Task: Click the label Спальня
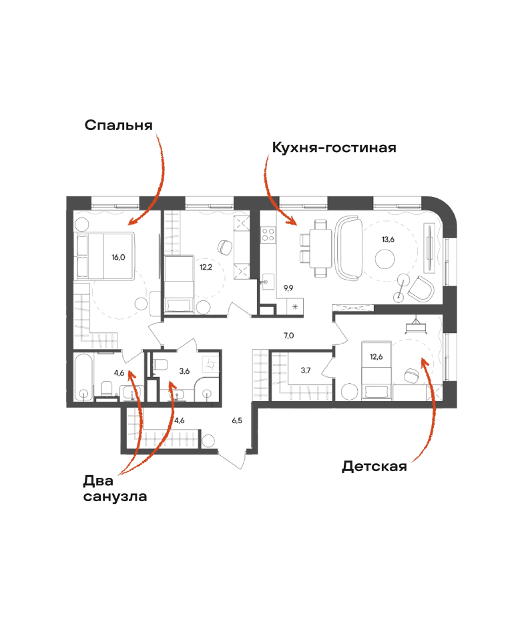click(x=119, y=125)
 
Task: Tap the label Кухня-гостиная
click(x=334, y=147)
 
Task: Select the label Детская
click(x=374, y=467)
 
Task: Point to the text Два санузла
click(x=115, y=489)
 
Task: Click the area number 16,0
click(x=118, y=258)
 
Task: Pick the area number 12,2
click(x=206, y=268)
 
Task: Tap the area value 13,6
click(x=388, y=240)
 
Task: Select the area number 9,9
click(x=288, y=288)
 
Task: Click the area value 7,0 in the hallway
click(x=289, y=336)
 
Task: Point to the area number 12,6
click(x=376, y=356)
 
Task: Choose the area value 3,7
click(x=306, y=370)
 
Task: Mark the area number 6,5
click(x=237, y=420)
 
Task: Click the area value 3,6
click(x=184, y=371)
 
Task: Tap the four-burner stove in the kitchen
click(x=268, y=234)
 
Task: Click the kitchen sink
click(x=268, y=282)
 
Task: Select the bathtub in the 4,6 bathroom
click(x=83, y=377)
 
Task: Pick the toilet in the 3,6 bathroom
click(x=161, y=364)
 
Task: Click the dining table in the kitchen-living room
click(x=320, y=249)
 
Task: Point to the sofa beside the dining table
click(x=349, y=248)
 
